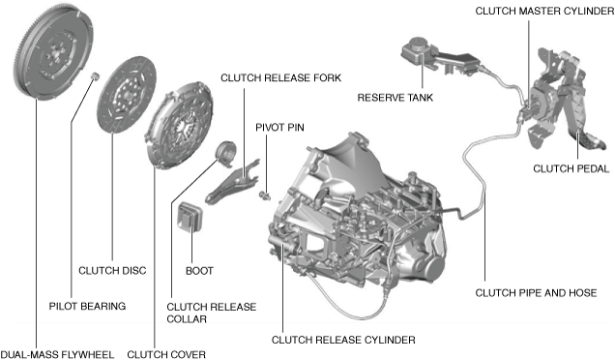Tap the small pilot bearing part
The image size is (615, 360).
[94, 75]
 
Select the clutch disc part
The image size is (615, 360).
[127, 94]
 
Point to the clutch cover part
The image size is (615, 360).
[179, 125]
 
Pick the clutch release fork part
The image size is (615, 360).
[232, 181]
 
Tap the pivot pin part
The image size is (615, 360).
[265, 195]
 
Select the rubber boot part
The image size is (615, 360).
[190, 218]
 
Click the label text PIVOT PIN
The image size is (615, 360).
[279, 127]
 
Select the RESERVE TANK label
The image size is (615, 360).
[395, 98]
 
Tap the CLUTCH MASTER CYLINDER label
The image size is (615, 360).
[544, 11]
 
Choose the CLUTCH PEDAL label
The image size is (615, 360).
[571, 168]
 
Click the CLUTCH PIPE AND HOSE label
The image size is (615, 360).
[536, 293]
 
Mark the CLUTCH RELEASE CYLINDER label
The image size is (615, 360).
[343, 340]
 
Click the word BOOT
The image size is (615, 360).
[199, 271]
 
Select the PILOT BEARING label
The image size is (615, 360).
[87, 306]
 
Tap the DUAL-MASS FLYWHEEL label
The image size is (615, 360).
[57, 354]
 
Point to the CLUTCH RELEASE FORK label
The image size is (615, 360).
[280, 77]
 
